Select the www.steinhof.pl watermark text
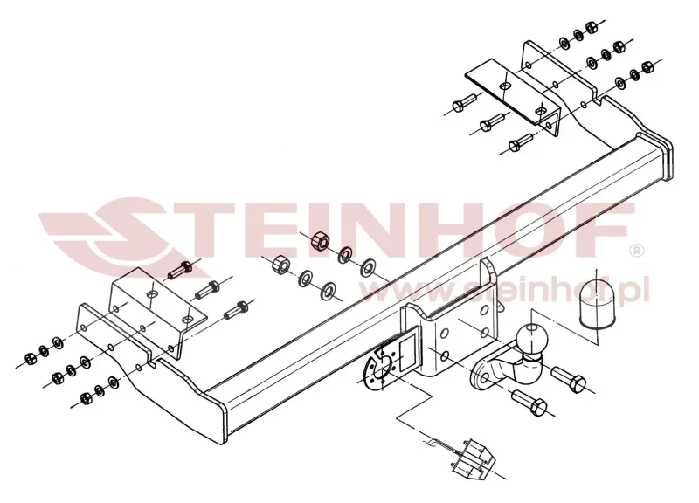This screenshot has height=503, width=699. (504, 290)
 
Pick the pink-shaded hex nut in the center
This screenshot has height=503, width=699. (320, 241)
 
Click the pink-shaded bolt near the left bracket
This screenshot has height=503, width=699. (180, 270)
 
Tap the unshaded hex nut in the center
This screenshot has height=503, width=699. (281, 265)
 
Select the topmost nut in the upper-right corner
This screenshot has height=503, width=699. (592, 28)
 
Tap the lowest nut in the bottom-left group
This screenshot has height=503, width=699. (85, 398)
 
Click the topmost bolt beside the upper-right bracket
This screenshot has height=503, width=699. (463, 103)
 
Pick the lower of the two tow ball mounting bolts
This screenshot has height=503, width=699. (530, 401)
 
